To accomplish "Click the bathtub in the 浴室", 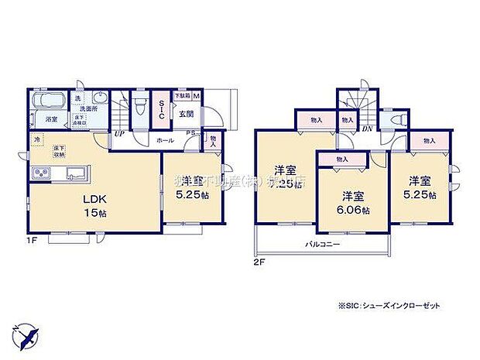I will click(x=50, y=102).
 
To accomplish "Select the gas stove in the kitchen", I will click(x=39, y=171).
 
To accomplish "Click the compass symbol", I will click(x=27, y=337).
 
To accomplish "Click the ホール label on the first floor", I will click(x=165, y=142).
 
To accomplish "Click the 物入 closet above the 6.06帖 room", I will click(x=342, y=159).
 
